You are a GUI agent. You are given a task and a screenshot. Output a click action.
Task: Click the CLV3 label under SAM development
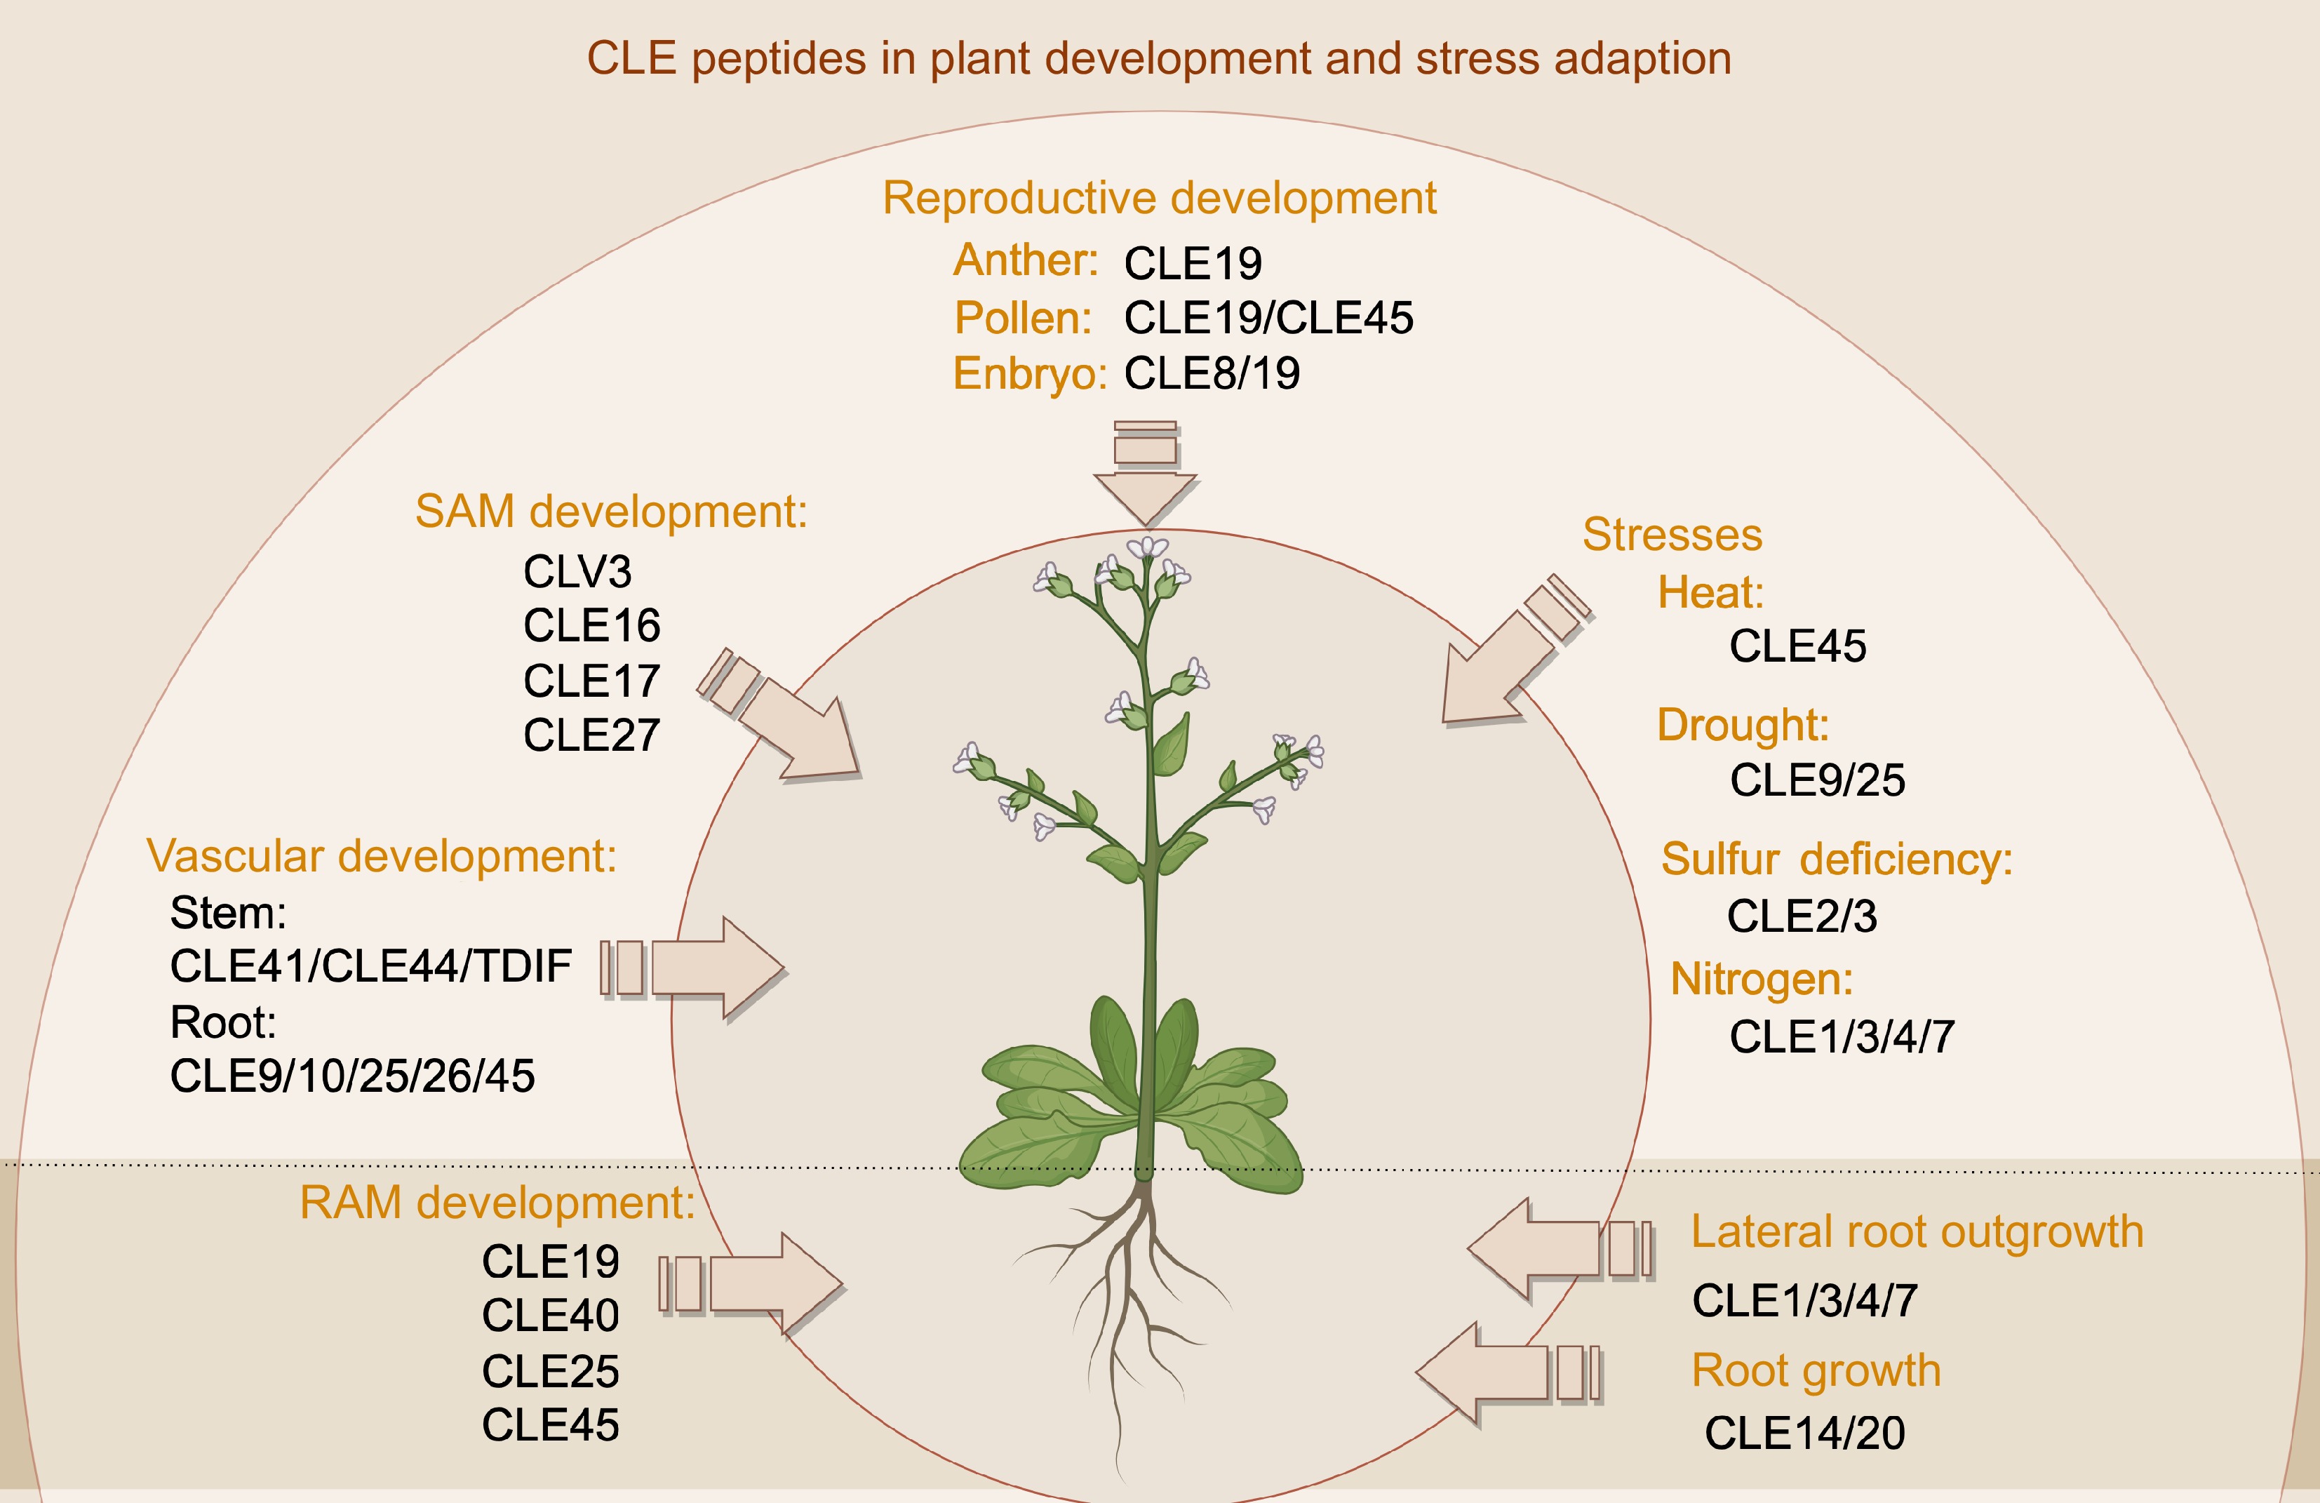click(577, 571)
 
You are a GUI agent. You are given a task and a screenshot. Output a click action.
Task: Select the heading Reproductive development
click(1159, 198)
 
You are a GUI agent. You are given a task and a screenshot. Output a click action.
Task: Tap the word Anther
click(1024, 260)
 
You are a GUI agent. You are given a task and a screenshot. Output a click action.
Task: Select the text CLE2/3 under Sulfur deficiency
click(1802, 916)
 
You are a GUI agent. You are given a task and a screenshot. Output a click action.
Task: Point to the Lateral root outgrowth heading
click(1917, 1231)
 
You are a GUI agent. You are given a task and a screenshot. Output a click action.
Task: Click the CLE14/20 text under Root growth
click(1804, 1433)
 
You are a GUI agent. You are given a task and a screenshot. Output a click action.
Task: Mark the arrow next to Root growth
click(1501, 1372)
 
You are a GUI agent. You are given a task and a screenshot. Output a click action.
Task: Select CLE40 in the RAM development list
click(550, 1316)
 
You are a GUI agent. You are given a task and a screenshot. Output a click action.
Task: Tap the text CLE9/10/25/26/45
click(352, 1076)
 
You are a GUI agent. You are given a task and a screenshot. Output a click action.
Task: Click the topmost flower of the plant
click(1147, 548)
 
